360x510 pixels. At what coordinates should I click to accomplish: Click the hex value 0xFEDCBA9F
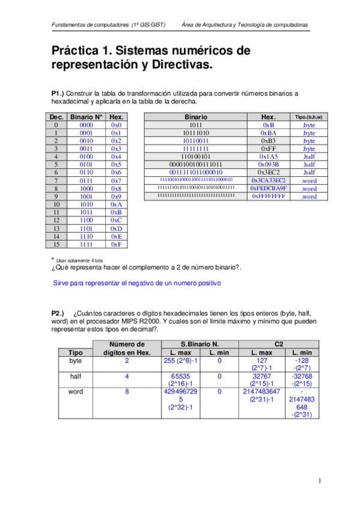pos(269,188)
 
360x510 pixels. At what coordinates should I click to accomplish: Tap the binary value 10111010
pos(196,133)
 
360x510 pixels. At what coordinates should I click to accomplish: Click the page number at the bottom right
pos(320,480)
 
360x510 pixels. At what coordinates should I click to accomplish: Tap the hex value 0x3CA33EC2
pos(269,180)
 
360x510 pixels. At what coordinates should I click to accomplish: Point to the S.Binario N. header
pos(201,343)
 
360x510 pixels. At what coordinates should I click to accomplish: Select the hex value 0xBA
pos(269,133)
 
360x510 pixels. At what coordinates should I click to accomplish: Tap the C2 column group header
pos(279,343)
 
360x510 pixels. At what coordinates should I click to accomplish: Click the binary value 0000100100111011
pos(196,164)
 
